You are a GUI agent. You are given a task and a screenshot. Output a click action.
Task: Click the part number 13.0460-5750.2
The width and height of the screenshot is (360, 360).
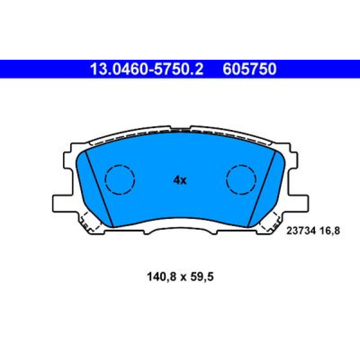[147, 69]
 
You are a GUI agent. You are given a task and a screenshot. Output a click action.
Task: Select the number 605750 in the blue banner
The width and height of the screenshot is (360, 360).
[249, 69]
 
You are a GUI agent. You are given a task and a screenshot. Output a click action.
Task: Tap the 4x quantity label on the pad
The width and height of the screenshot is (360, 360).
[180, 180]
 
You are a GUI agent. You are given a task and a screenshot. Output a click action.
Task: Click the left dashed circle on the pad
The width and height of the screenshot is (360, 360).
[120, 180]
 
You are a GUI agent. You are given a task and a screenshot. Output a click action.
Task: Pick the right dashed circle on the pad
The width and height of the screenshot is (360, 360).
[241, 180]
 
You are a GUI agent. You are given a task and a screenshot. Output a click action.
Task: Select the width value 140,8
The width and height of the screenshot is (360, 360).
[162, 276]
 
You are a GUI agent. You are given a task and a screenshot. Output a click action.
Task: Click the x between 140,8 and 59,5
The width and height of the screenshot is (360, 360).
[183, 278]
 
